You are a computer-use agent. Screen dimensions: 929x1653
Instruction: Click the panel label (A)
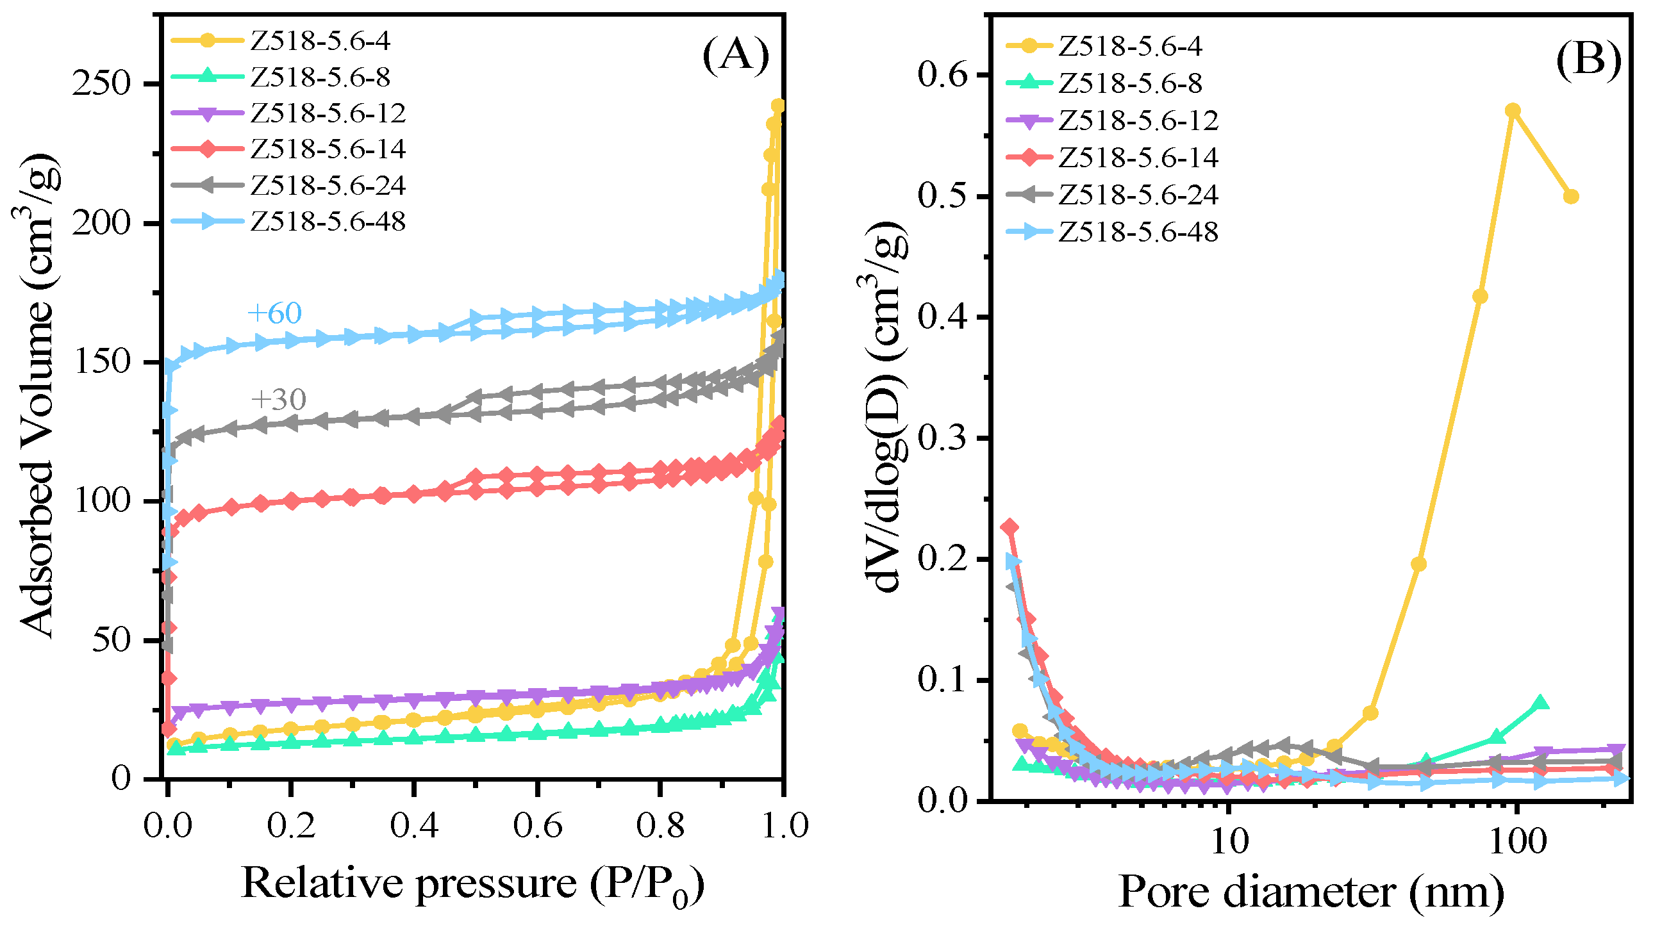pyautogui.click(x=735, y=56)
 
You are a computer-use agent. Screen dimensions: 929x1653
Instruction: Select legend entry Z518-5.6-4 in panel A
pyautogui.click(x=320, y=41)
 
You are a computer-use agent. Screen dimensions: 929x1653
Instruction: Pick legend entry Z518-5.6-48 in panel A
pyautogui.click(x=328, y=222)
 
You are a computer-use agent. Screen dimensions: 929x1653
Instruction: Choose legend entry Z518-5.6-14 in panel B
pyautogui.click(x=1138, y=158)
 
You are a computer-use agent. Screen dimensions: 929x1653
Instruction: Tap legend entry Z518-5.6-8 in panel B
pyautogui.click(x=1130, y=83)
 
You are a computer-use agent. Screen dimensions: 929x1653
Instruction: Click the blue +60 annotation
pyautogui.click(x=274, y=313)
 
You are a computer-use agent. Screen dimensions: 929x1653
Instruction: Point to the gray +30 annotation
pyautogui.click(x=279, y=400)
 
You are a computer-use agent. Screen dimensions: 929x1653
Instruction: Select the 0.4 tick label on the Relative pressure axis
pyautogui.click(x=414, y=826)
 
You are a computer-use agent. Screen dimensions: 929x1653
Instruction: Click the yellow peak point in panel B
pyautogui.click(x=1513, y=110)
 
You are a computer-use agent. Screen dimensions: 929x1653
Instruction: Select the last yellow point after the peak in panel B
pyautogui.click(x=1571, y=196)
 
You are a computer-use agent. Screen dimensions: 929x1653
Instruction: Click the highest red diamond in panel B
pyautogui.click(x=1010, y=527)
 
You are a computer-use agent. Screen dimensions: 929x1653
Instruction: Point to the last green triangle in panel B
pyautogui.click(x=1541, y=703)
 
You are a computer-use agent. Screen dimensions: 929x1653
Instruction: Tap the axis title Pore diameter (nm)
pyautogui.click(x=1311, y=892)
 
